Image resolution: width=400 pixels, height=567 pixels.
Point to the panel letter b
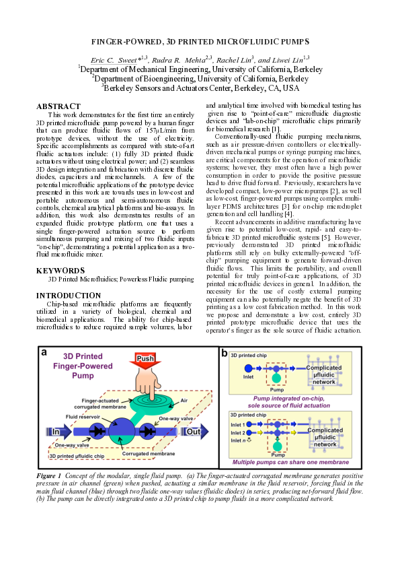coord(224,353)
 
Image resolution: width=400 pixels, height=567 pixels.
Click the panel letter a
coord(44,353)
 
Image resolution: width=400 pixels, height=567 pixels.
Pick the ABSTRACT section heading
coord(58,106)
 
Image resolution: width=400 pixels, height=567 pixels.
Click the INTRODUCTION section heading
coord(68,296)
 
